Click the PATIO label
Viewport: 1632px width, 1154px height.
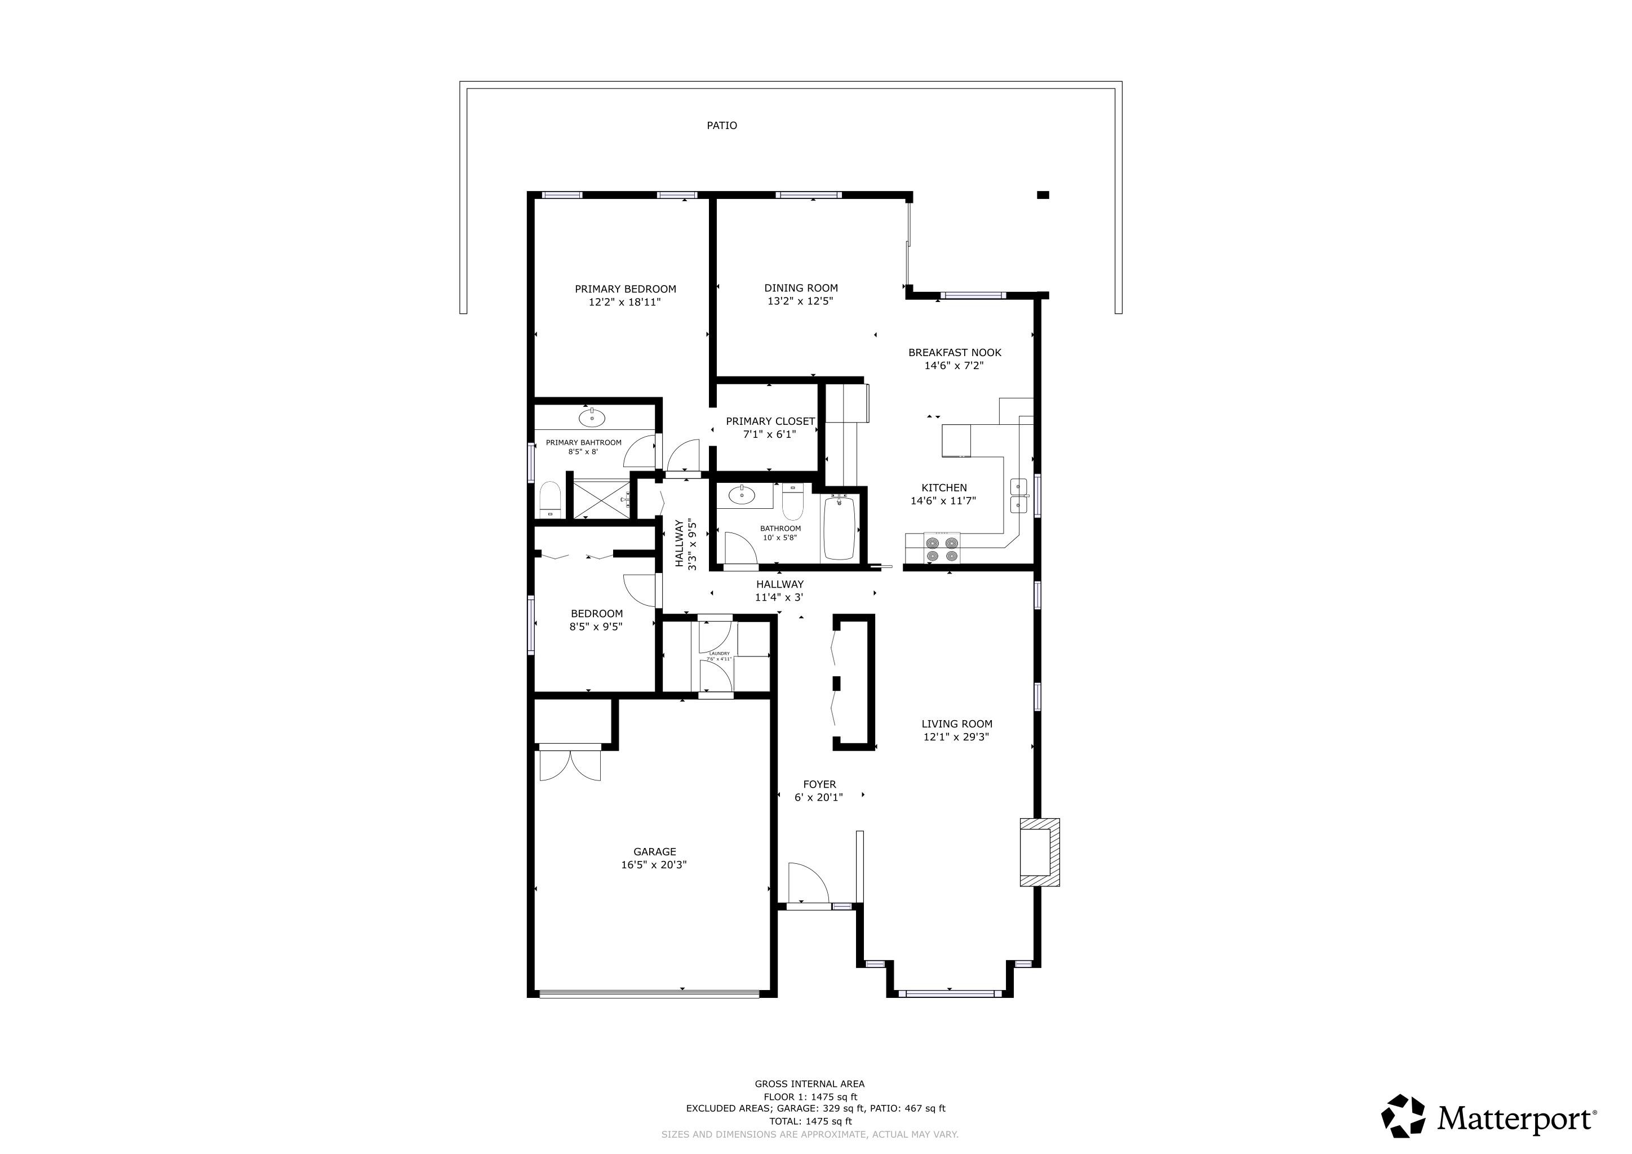tap(721, 126)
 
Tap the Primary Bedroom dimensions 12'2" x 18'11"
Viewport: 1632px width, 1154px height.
tap(625, 302)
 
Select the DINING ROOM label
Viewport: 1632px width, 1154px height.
tap(801, 288)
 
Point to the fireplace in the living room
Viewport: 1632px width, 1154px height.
tap(1039, 852)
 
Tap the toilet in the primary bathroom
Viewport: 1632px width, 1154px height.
tap(550, 500)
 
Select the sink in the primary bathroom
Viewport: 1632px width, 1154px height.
tap(591, 418)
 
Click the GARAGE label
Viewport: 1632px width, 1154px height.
tap(655, 851)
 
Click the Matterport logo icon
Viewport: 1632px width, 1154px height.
tap(1403, 1116)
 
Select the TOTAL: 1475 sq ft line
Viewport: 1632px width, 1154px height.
tap(810, 1121)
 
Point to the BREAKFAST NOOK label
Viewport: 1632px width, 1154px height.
tap(955, 352)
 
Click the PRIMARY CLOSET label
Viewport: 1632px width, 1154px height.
tap(770, 421)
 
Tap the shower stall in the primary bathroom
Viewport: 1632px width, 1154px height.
tap(601, 500)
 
